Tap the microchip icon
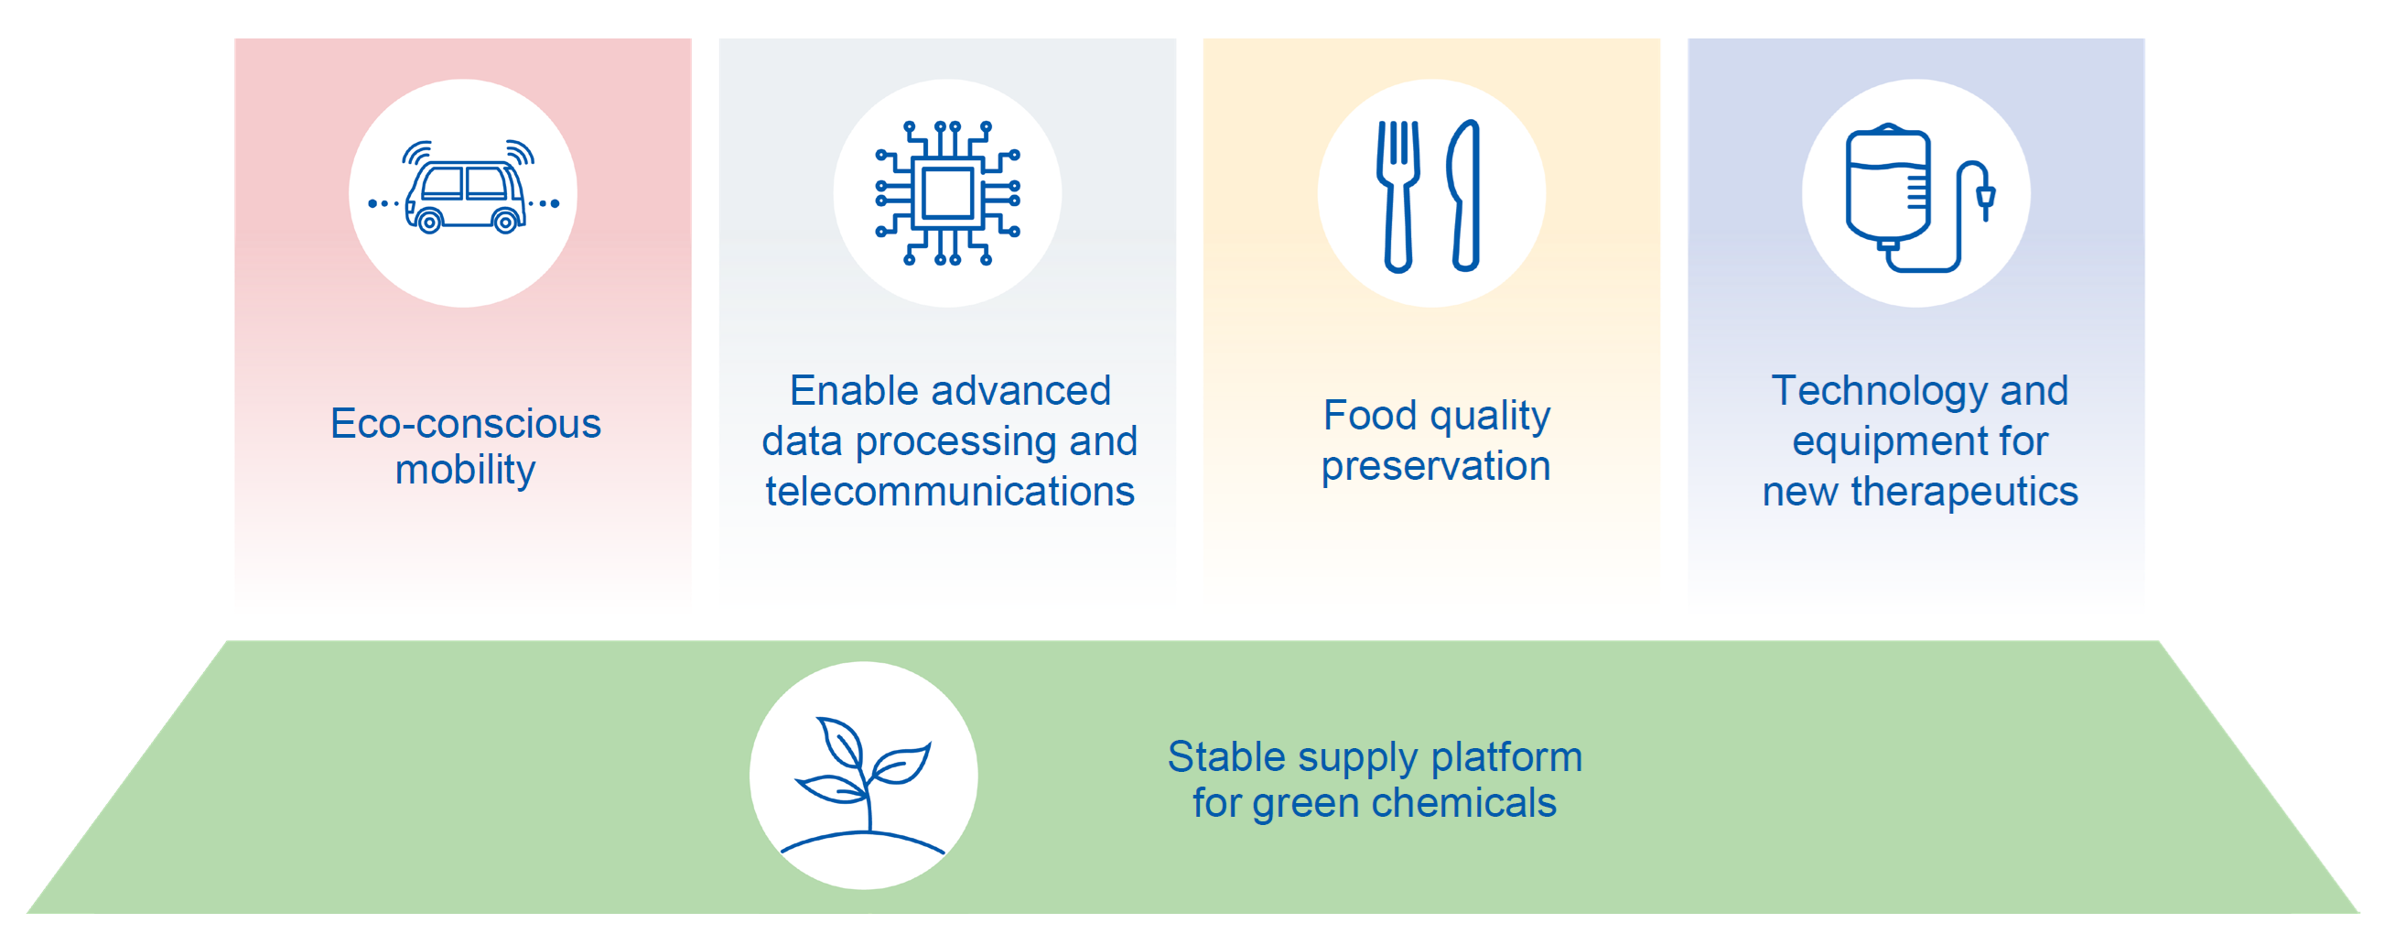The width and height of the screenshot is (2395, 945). point(947,193)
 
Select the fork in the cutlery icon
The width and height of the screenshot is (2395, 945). point(1398,195)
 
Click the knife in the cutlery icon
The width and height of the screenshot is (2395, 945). point(1463,195)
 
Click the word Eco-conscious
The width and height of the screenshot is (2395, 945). point(466,424)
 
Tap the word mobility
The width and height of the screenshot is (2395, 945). point(465,471)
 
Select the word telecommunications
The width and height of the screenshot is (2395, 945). point(949,491)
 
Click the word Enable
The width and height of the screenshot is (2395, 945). point(847,391)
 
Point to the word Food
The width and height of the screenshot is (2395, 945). point(1369,415)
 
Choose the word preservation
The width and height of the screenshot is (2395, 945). point(1436,466)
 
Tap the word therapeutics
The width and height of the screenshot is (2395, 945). point(1964,492)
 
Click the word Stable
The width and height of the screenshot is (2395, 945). point(1226,756)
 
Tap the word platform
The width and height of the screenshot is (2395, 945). point(1506,758)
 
